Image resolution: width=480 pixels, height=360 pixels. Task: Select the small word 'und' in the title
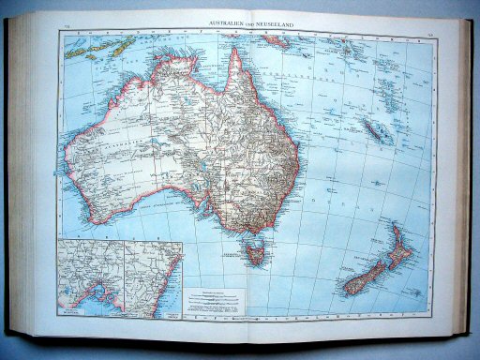click(247, 22)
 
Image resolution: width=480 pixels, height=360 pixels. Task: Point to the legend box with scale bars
click(218, 301)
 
